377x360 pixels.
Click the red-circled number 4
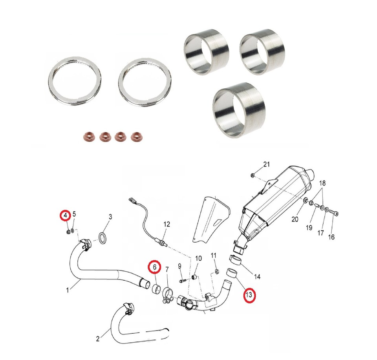tap(66, 216)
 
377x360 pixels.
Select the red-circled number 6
tap(155, 267)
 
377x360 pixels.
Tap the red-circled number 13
tap(249, 294)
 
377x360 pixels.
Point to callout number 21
tap(266, 164)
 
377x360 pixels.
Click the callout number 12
tap(167, 224)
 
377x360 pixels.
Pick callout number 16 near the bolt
tap(331, 237)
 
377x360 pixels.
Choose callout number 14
tap(257, 277)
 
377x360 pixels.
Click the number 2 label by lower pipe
tap(98, 339)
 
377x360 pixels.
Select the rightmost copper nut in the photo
tap(136, 137)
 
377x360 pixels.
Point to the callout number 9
tap(179, 266)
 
